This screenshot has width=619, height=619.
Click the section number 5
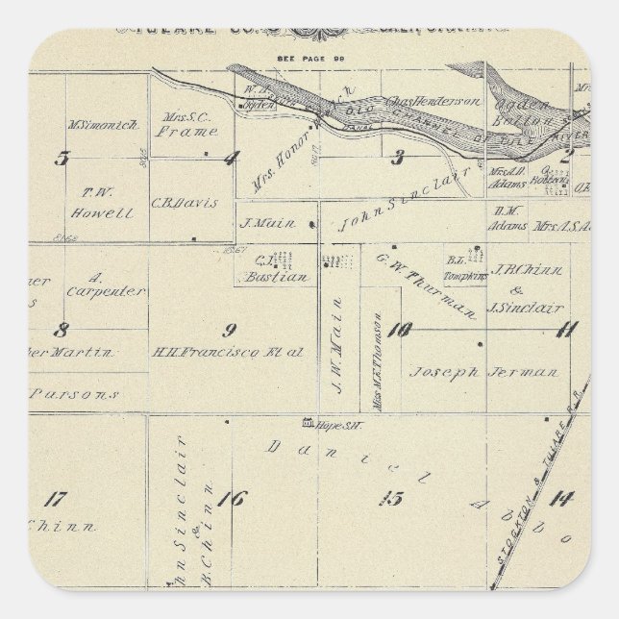coord(62,159)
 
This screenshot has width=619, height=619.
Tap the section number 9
coord(229,332)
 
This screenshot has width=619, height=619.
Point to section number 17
coord(56,499)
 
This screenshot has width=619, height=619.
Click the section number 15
coord(391,498)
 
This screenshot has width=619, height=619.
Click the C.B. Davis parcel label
coord(185,204)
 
